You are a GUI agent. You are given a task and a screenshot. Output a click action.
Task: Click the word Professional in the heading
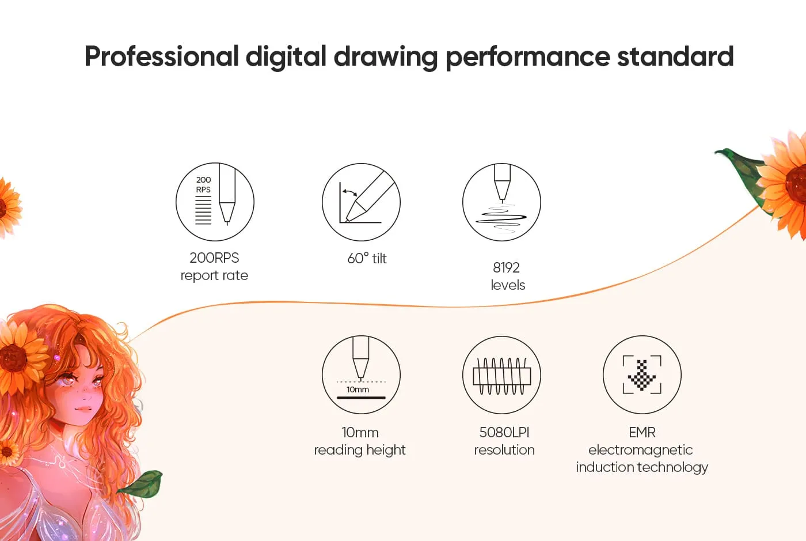(x=162, y=56)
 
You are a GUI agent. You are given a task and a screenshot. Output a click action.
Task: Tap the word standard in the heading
(x=675, y=56)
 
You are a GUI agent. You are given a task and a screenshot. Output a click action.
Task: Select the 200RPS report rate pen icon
(x=215, y=202)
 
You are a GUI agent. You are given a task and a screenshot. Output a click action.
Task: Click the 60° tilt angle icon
(x=361, y=202)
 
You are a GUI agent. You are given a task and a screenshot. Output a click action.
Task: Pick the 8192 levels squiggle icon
(x=501, y=202)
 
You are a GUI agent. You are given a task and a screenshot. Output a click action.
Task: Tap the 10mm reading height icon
(x=361, y=374)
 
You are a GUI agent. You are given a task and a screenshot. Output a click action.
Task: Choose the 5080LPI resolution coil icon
(x=501, y=375)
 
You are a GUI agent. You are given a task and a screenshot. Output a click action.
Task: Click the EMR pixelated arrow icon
(x=642, y=374)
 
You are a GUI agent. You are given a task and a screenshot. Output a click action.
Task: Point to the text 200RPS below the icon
(x=214, y=258)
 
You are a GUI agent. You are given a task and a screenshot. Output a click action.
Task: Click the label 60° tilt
(x=367, y=258)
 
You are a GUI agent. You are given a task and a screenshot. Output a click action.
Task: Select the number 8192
(x=506, y=267)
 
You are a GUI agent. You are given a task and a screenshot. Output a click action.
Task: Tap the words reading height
(x=360, y=450)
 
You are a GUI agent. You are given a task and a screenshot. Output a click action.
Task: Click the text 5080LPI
(x=504, y=432)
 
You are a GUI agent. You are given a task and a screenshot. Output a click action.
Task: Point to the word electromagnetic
(x=640, y=450)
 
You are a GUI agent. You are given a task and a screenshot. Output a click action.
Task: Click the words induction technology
(x=642, y=467)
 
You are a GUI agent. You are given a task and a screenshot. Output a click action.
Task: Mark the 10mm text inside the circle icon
(x=358, y=389)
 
